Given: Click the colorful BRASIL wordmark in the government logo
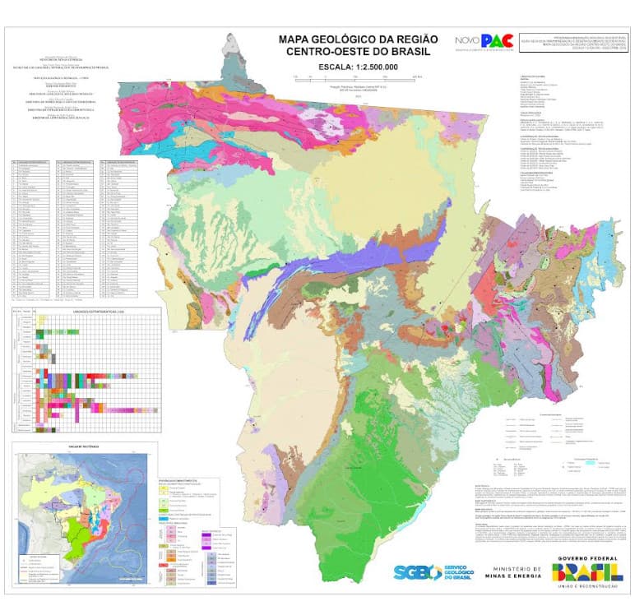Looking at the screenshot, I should tap(587, 574).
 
